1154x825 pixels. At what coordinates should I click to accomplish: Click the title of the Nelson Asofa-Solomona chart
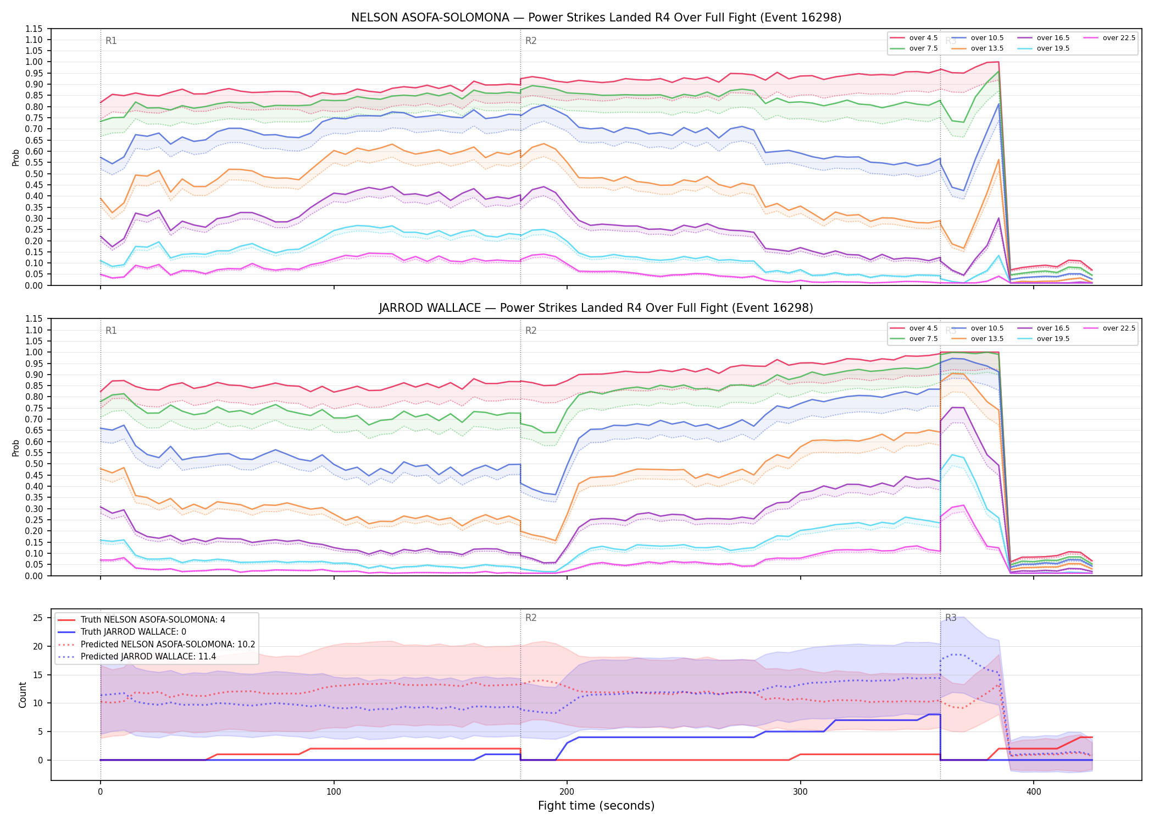pyautogui.click(x=596, y=18)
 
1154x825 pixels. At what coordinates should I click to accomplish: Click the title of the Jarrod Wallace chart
pyautogui.click(x=596, y=308)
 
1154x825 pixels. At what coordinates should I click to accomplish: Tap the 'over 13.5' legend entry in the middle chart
pyautogui.click(x=978, y=339)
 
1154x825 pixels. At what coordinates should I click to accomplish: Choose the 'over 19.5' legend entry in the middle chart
pyautogui.click(x=1044, y=339)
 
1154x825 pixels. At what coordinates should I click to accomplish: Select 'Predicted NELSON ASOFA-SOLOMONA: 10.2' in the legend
pyautogui.click(x=157, y=645)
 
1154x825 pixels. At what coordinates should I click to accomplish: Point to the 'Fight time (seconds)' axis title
pyautogui.click(x=596, y=806)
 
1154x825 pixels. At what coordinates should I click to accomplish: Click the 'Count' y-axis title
pyautogui.click(x=23, y=695)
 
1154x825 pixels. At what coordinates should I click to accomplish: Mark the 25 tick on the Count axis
pyautogui.click(x=38, y=618)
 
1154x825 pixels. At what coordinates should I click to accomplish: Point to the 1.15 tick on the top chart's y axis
pyautogui.click(x=34, y=29)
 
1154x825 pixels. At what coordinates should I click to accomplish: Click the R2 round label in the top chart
pyautogui.click(x=531, y=41)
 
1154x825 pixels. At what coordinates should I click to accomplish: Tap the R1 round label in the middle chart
pyautogui.click(x=111, y=331)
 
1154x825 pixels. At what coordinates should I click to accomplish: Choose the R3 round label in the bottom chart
pyautogui.click(x=951, y=618)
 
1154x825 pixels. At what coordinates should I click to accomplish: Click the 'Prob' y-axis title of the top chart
pyautogui.click(x=16, y=157)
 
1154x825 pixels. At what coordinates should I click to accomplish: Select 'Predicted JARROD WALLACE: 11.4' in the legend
pyautogui.click(x=137, y=657)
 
